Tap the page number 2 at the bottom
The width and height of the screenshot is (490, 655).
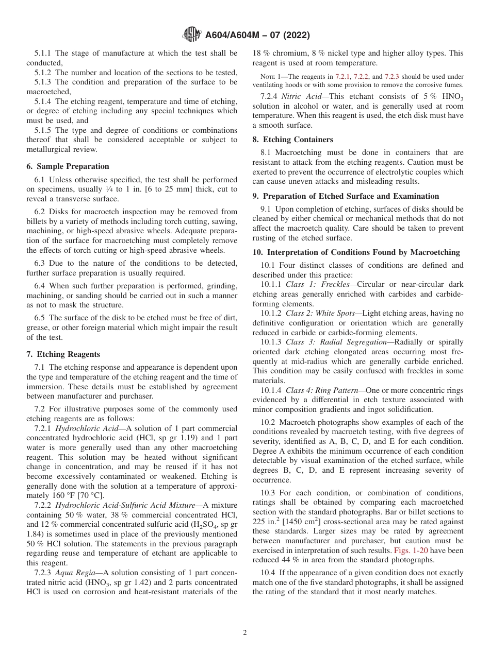pyautogui.click(x=245, y=633)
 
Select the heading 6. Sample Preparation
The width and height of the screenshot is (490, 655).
pyautogui.click(x=68, y=166)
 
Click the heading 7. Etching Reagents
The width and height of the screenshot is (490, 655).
pyautogui.click(x=63, y=354)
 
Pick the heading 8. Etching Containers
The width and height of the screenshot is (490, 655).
pyautogui.click(x=292, y=140)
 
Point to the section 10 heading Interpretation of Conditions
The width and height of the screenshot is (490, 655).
pyautogui.click(x=356, y=252)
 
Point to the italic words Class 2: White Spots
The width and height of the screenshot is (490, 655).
pyautogui.click(x=324, y=313)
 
